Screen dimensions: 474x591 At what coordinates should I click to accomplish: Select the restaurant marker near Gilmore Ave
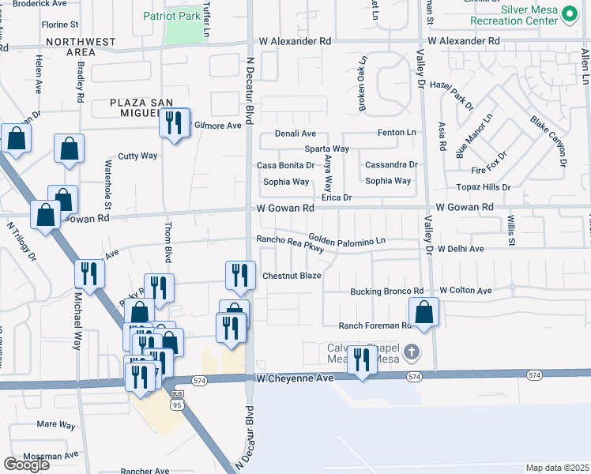(x=175, y=123)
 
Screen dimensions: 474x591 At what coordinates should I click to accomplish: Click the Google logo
(x=26, y=465)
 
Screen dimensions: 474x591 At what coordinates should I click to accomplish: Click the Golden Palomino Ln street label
(x=347, y=238)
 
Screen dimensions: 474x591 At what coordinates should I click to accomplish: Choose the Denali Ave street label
(x=295, y=134)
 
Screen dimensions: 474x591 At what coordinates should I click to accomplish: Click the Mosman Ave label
(x=51, y=455)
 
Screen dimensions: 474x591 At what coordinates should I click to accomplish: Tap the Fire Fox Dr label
(x=487, y=170)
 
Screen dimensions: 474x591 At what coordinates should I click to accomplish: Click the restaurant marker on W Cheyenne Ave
(x=362, y=361)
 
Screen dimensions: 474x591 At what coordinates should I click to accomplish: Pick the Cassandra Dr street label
(x=391, y=164)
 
